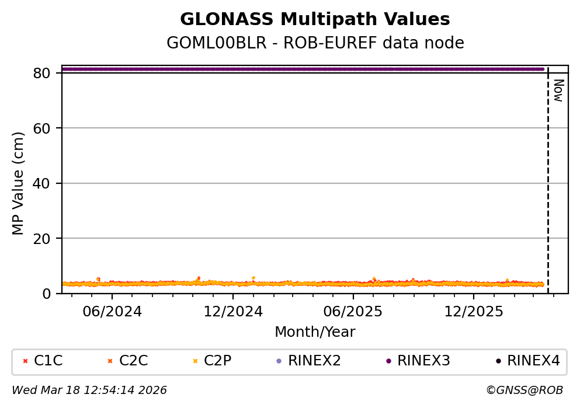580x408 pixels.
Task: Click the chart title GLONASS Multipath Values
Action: click(x=315, y=19)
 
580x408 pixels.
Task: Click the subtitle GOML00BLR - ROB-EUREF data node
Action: click(x=315, y=43)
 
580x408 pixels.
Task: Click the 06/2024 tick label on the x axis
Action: click(x=112, y=311)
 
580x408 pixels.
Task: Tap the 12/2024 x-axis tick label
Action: click(x=232, y=311)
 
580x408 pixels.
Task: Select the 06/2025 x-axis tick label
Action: click(x=353, y=311)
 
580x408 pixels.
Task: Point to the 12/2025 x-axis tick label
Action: click(x=473, y=311)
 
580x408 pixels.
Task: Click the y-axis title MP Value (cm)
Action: click(x=19, y=183)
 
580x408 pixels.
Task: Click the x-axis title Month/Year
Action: click(x=315, y=332)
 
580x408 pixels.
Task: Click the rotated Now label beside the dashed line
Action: click(x=558, y=90)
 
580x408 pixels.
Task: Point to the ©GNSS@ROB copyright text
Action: click(x=524, y=390)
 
